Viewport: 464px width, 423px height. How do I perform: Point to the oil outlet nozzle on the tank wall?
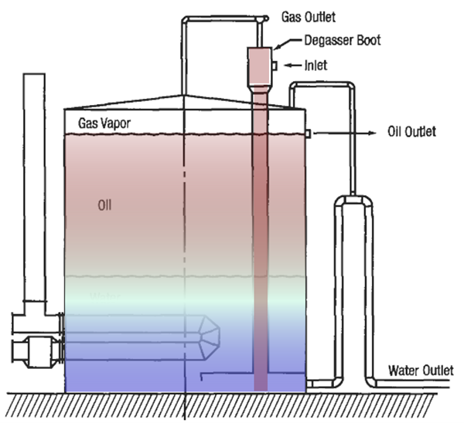308,134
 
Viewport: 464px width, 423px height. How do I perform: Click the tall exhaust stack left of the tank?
34,185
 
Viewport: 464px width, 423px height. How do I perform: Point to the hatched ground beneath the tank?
232,405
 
